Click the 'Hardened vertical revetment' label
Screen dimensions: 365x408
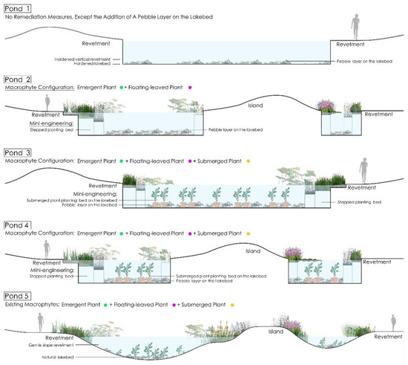click(86, 59)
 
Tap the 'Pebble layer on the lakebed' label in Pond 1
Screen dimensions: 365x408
click(366, 65)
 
